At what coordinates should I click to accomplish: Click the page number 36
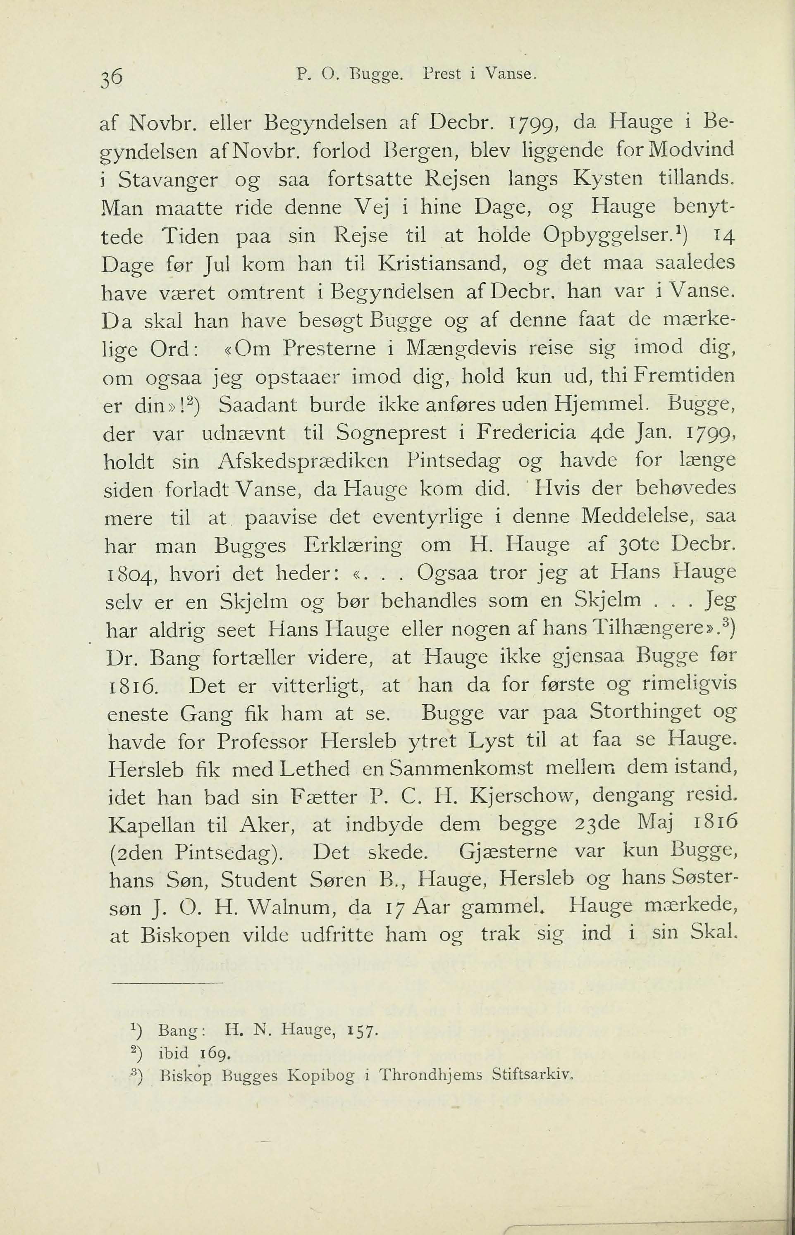click(x=108, y=77)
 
